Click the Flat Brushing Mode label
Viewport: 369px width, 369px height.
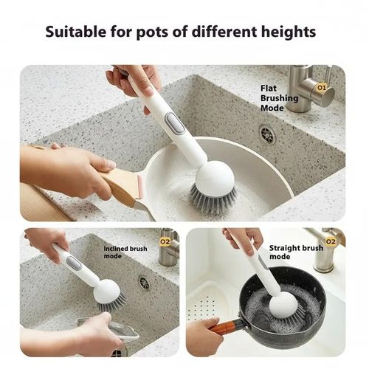279,97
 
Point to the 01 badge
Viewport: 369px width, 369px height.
322,86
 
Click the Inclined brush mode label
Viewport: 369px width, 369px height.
125,252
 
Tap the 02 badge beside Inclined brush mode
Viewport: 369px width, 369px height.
165,241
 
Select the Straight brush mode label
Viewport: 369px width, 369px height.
295,252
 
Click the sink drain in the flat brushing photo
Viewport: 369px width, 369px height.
267,134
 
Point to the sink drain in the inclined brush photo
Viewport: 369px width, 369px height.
144,283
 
